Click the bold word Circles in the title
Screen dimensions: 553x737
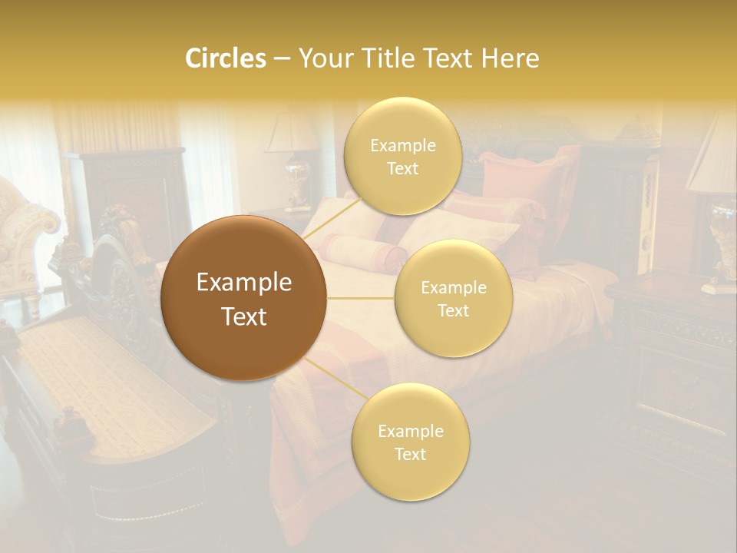click(x=226, y=58)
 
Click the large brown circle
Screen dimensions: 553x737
click(x=244, y=298)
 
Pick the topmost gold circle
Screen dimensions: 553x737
click(x=402, y=157)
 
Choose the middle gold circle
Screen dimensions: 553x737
click(x=454, y=298)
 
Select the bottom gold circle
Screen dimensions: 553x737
click(x=410, y=442)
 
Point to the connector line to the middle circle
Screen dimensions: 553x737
click(x=361, y=298)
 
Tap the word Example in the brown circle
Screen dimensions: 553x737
click(x=244, y=283)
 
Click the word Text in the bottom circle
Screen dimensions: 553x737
click(x=410, y=454)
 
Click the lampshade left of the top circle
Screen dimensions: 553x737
click(x=292, y=134)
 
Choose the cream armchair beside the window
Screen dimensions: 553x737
click(x=23, y=230)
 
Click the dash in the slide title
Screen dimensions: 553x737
click(x=282, y=58)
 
